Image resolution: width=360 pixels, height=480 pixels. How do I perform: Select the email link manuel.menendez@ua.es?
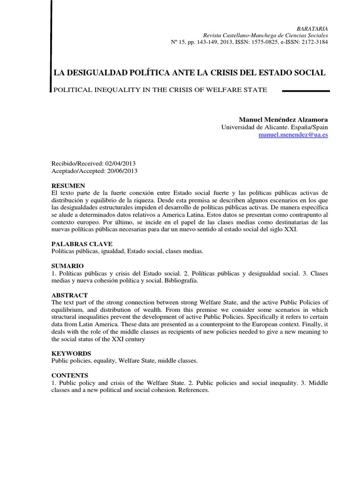point(293,135)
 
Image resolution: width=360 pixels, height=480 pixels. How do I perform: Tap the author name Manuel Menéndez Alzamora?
point(284,120)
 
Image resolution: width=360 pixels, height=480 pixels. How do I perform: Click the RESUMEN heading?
point(68,186)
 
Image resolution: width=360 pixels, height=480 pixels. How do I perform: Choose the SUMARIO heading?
point(67,266)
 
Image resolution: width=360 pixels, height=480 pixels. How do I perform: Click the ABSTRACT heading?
point(69,295)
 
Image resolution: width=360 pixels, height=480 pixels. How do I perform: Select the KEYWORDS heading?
point(71,353)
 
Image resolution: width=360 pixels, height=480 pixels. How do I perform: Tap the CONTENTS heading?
point(69,375)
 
